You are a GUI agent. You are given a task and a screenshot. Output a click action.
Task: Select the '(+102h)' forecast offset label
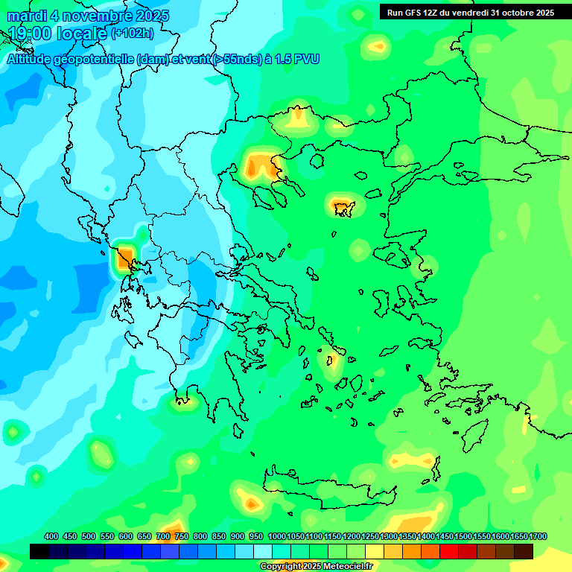[133, 34]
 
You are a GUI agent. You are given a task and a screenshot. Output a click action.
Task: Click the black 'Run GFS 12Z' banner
[470, 12]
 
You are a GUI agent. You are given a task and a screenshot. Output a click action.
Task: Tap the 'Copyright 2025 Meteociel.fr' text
[317, 566]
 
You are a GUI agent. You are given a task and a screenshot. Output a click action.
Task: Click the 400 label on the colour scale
[51, 536]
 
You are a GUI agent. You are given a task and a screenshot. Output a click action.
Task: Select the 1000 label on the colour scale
[276, 536]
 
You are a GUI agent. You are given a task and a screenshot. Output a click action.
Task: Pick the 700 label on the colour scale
[163, 536]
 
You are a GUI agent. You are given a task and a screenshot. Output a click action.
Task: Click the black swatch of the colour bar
[39, 551]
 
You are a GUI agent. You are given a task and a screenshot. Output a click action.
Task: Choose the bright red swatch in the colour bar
[449, 551]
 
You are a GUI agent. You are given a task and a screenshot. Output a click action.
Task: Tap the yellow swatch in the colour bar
[375, 551]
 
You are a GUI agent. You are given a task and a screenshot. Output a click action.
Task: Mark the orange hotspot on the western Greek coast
[125, 260]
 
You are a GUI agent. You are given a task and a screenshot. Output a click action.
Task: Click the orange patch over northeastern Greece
[261, 165]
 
